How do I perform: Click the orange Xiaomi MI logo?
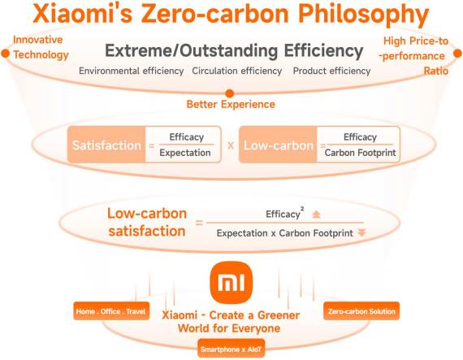coord(231,283)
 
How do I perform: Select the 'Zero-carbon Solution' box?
coord(361,311)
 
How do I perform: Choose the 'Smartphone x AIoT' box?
coord(231,350)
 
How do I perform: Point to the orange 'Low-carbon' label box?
coord(278,145)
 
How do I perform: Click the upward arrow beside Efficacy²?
coord(317,215)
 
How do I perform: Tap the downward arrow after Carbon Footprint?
coord(361,232)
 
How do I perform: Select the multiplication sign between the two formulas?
coord(231,145)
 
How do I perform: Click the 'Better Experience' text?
coord(230,104)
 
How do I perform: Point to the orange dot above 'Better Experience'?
coord(230,93)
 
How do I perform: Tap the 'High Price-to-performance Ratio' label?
coord(414,55)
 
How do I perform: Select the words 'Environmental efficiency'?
coord(131,71)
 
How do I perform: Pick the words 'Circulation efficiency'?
coord(238,71)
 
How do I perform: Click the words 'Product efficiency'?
coord(331,71)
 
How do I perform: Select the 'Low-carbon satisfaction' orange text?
coord(147,223)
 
